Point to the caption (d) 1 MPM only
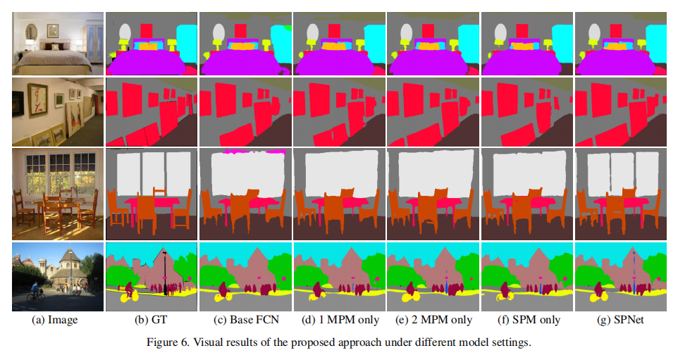(x=339, y=320)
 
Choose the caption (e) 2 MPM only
(x=433, y=320)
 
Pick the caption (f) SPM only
(x=526, y=320)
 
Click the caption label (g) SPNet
(x=620, y=320)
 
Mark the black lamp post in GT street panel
(x=165, y=271)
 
